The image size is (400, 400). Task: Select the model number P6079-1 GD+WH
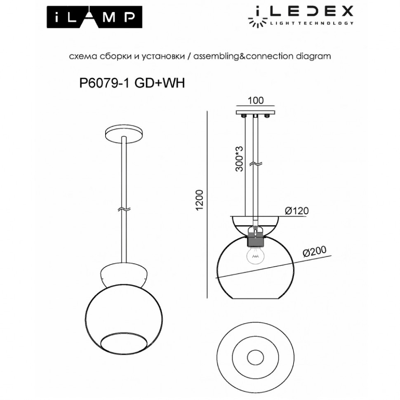pos(132,83)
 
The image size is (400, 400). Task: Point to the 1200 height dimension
pos(200,201)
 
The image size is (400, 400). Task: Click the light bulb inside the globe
pos(255,256)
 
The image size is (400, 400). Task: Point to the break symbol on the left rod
pos(124,209)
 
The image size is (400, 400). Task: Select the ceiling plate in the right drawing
pos(255,112)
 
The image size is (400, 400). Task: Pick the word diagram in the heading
pos(314,56)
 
